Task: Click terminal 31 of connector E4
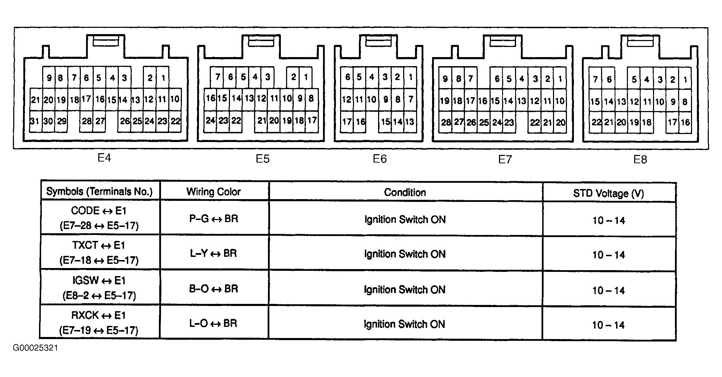[35, 121]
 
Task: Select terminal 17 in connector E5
[312, 120]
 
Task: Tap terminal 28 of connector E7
[446, 122]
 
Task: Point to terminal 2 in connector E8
[673, 80]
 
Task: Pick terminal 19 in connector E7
[445, 101]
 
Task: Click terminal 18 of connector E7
[457, 101]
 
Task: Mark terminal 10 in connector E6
[371, 100]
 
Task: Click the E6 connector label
[380, 159]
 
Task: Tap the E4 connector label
[104, 158]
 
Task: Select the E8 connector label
[640, 159]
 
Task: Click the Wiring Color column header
[214, 191]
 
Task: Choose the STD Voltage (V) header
[608, 193]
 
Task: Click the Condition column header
[405, 193]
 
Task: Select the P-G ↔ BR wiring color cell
[214, 219]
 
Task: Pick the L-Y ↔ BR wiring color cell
[214, 253]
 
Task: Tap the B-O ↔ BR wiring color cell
[214, 289]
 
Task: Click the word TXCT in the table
[85, 245]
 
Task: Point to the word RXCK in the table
[85, 315]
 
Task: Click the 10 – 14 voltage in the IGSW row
[609, 290]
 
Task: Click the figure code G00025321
[36, 348]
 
